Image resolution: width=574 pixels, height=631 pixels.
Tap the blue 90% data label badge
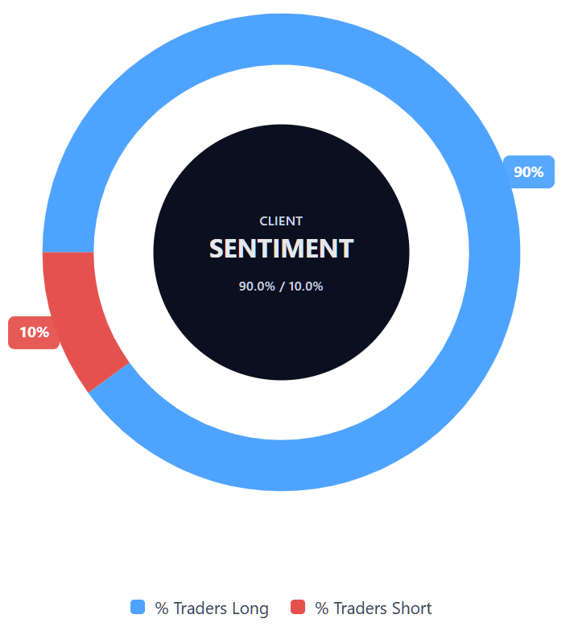(x=529, y=171)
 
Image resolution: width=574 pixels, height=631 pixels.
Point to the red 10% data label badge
(x=34, y=332)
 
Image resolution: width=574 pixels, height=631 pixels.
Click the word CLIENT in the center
(x=281, y=221)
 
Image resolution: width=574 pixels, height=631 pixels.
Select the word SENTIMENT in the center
(x=281, y=248)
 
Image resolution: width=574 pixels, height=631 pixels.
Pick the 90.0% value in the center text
(x=257, y=286)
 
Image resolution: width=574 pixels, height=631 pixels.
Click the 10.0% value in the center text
(x=306, y=286)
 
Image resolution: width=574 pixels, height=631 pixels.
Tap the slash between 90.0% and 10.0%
(x=282, y=286)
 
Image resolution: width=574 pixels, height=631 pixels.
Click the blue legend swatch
(x=138, y=608)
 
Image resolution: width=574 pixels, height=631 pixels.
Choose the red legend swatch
(x=298, y=608)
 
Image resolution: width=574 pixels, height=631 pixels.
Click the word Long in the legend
(x=250, y=608)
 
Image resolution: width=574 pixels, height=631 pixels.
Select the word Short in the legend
(x=411, y=608)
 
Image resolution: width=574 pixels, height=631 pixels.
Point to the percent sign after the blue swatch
(x=161, y=608)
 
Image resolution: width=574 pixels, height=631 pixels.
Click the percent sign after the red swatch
(x=321, y=608)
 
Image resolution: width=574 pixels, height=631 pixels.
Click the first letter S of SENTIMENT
(x=217, y=248)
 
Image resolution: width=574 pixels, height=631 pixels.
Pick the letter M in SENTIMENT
(x=310, y=248)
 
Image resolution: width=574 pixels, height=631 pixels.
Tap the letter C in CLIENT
(x=263, y=221)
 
